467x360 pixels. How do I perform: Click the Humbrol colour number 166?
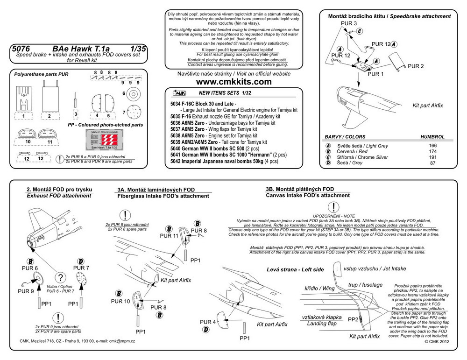[x=432, y=146]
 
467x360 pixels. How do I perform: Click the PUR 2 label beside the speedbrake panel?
[x=415, y=66]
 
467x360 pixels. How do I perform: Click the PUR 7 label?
[x=81, y=268]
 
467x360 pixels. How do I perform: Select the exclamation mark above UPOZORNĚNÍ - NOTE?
[x=333, y=207]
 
